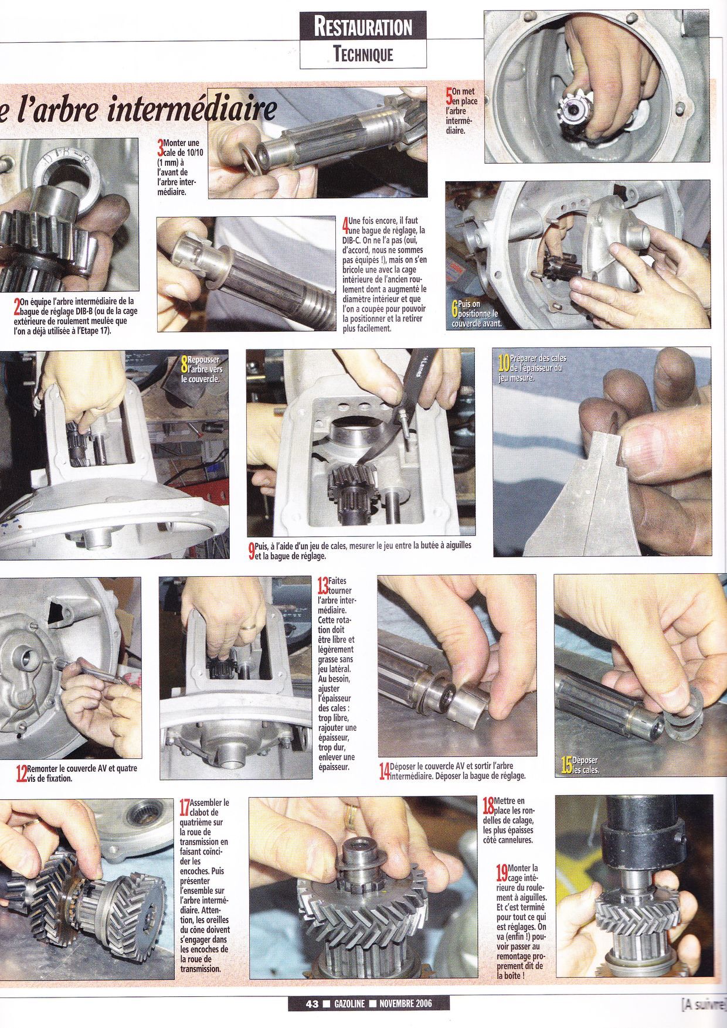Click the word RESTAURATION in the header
[x=363, y=26]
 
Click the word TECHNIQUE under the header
[x=363, y=55]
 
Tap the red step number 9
[x=251, y=549]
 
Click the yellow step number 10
[x=503, y=365]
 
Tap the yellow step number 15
[x=566, y=764]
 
